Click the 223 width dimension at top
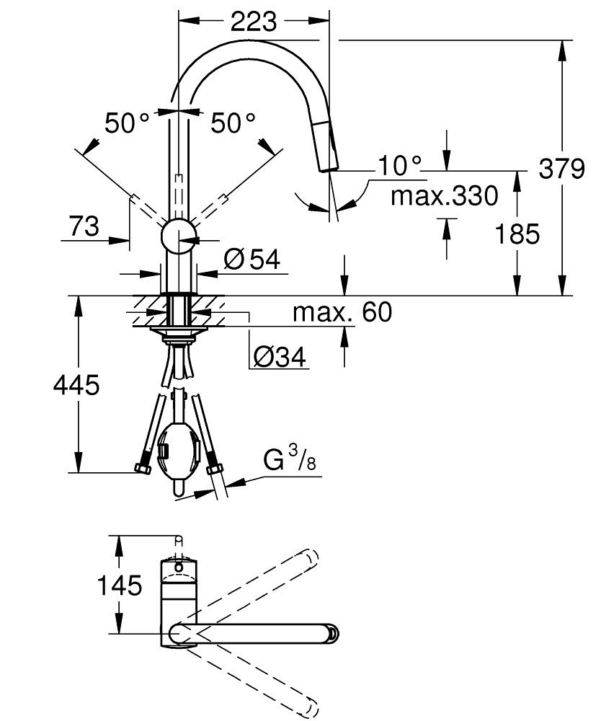[x=253, y=22]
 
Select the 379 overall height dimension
[x=561, y=169]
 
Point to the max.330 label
[x=444, y=195]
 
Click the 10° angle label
[x=399, y=167]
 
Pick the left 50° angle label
[x=127, y=123]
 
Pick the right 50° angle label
[x=233, y=123]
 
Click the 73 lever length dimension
[x=84, y=227]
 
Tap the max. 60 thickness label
[x=342, y=312]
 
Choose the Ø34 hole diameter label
[x=279, y=355]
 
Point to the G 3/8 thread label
[x=288, y=460]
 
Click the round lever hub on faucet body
[x=177, y=236]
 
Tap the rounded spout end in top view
[x=332, y=633]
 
